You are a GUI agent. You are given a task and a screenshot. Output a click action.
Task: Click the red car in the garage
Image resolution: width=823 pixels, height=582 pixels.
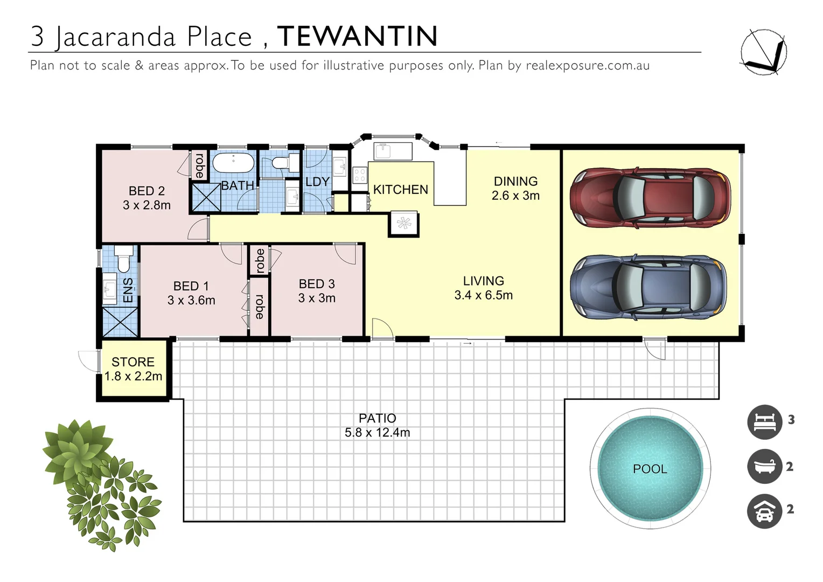pos(650,197)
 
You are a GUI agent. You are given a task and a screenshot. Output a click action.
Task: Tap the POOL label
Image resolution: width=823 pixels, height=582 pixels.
pos(650,469)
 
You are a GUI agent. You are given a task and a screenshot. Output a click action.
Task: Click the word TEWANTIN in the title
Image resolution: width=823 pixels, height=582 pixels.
pos(357,36)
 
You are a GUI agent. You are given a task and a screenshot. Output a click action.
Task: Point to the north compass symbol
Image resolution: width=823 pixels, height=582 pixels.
pos(763,51)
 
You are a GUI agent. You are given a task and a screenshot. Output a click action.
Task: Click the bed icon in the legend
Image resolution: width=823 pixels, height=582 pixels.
pos(764,421)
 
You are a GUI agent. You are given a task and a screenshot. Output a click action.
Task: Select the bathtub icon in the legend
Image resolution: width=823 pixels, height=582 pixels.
pos(764,467)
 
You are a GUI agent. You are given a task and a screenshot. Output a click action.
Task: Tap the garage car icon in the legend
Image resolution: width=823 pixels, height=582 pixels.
pos(764,511)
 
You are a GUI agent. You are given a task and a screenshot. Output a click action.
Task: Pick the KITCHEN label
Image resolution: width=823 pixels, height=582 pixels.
pos(400,190)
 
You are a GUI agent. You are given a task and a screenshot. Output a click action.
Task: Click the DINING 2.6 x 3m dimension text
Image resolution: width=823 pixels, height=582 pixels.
pos(515,196)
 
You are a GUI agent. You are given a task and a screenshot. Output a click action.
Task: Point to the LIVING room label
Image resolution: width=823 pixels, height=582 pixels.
pos(483,281)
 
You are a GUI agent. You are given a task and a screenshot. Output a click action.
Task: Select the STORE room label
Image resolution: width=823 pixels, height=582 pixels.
pos(133,362)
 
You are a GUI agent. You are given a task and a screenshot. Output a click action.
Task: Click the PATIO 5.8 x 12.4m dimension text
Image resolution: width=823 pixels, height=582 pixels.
pos(377,433)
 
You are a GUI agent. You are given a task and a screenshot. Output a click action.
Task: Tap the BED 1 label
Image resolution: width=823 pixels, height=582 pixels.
pos(191,286)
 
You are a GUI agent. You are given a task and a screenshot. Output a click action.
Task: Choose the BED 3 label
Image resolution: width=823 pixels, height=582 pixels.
pos(317,284)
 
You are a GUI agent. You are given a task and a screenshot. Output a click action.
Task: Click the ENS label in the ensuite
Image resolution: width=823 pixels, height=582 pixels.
pos(128,290)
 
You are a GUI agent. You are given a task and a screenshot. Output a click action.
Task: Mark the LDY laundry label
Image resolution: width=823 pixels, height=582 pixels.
pos(317,182)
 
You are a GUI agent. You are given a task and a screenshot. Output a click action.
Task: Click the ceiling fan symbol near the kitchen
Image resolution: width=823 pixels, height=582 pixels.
pos(404,223)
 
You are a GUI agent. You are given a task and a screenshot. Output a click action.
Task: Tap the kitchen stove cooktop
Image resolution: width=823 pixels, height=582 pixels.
pos(359,174)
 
